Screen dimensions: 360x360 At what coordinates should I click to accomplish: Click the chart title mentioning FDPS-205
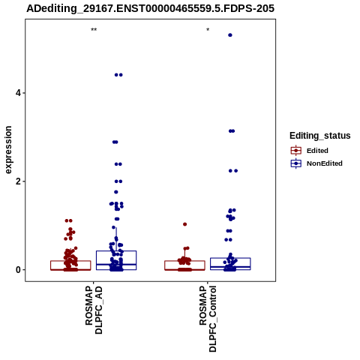[150, 8]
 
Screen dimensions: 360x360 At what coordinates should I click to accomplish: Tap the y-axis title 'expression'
[8, 150]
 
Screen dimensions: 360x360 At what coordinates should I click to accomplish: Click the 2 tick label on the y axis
[18, 181]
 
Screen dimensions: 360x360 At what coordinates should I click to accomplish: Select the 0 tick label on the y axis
[18, 270]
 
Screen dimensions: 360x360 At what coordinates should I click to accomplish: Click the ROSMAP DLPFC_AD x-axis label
[94, 310]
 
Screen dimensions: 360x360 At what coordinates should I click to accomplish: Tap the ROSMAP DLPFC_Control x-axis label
[208, 319]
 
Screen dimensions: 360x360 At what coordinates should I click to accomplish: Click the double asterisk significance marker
[94, 30]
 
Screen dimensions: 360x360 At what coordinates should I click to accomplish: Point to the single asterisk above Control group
[208, 30]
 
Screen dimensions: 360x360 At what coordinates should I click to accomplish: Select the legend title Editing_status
[320, 136]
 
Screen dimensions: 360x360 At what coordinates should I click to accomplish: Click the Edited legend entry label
[317, 151]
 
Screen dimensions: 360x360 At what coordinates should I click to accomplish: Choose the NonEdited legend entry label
[325, 163]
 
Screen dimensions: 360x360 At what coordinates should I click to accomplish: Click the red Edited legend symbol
[296, 151]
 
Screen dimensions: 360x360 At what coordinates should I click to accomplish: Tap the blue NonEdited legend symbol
[296, 163]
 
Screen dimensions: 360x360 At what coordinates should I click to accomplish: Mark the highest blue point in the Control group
[230, 35]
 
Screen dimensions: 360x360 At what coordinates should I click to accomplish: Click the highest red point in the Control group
[185, 224]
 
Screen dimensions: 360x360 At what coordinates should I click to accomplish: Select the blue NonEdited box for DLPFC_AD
[116, 251]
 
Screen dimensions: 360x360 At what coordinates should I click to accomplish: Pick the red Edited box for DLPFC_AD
[70, 261]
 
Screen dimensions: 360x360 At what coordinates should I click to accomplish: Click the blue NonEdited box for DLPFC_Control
[230, 258]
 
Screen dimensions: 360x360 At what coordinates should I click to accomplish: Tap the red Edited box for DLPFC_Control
[184, 261]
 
